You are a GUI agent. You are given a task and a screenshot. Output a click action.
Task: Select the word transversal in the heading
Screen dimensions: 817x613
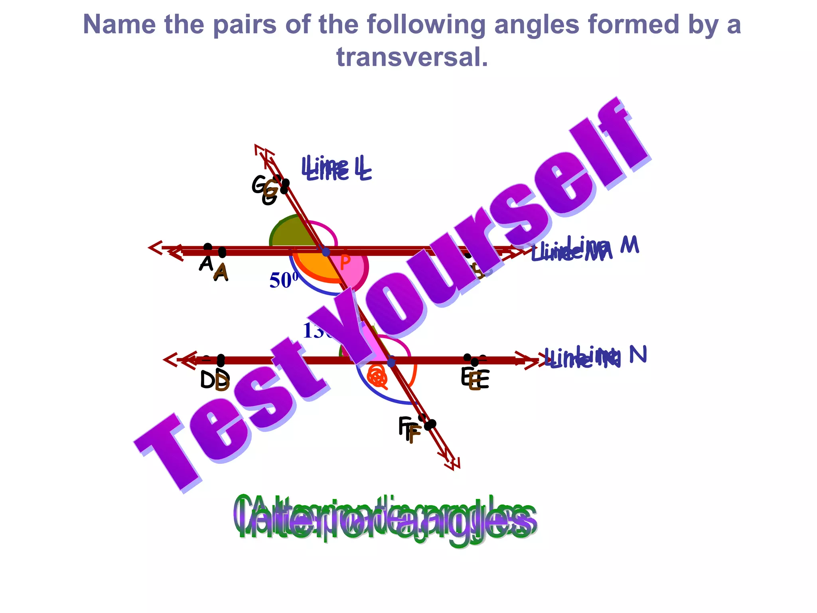(412, 57)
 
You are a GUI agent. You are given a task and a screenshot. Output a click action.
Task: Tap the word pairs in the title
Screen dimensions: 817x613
(244, 25)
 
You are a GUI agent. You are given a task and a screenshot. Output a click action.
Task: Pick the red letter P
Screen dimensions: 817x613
(345, 262)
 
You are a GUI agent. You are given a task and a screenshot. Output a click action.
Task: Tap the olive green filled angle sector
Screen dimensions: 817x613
(291, 233)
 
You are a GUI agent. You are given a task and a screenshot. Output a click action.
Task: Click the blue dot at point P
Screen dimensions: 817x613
(326, 252)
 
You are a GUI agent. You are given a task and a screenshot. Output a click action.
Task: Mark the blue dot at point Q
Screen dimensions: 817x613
(391, 362)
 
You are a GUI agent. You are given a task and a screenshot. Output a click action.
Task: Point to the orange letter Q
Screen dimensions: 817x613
(377, 376)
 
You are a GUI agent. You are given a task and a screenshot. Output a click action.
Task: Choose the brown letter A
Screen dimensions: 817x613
(221, 273)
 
